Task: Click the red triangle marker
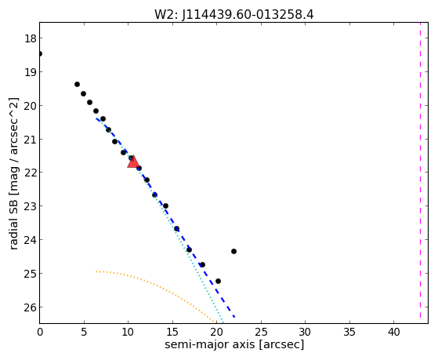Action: coord(133,162)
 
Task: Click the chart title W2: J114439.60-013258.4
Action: coord(234,15)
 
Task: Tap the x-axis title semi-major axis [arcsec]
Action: coord(234,344)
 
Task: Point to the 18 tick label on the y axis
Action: coord(31,38)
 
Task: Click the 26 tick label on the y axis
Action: coord(31,307)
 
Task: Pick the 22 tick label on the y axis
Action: coord(31,173)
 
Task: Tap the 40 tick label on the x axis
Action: coord(394,332)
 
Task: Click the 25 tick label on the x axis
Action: coord(261,332)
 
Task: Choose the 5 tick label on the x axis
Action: coord(84,332)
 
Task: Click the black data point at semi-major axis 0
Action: coord(40,53)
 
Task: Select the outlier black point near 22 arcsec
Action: coord(233,251)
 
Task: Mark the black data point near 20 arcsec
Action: coord(218,281)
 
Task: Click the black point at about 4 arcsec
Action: coord(77,84)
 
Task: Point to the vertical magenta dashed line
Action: coord(420,173)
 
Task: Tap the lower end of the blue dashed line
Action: coord(234,317)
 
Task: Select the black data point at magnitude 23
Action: coord(165,205)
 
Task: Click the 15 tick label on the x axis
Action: coord(172,332)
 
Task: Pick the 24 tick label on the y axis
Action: coord(31,240)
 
